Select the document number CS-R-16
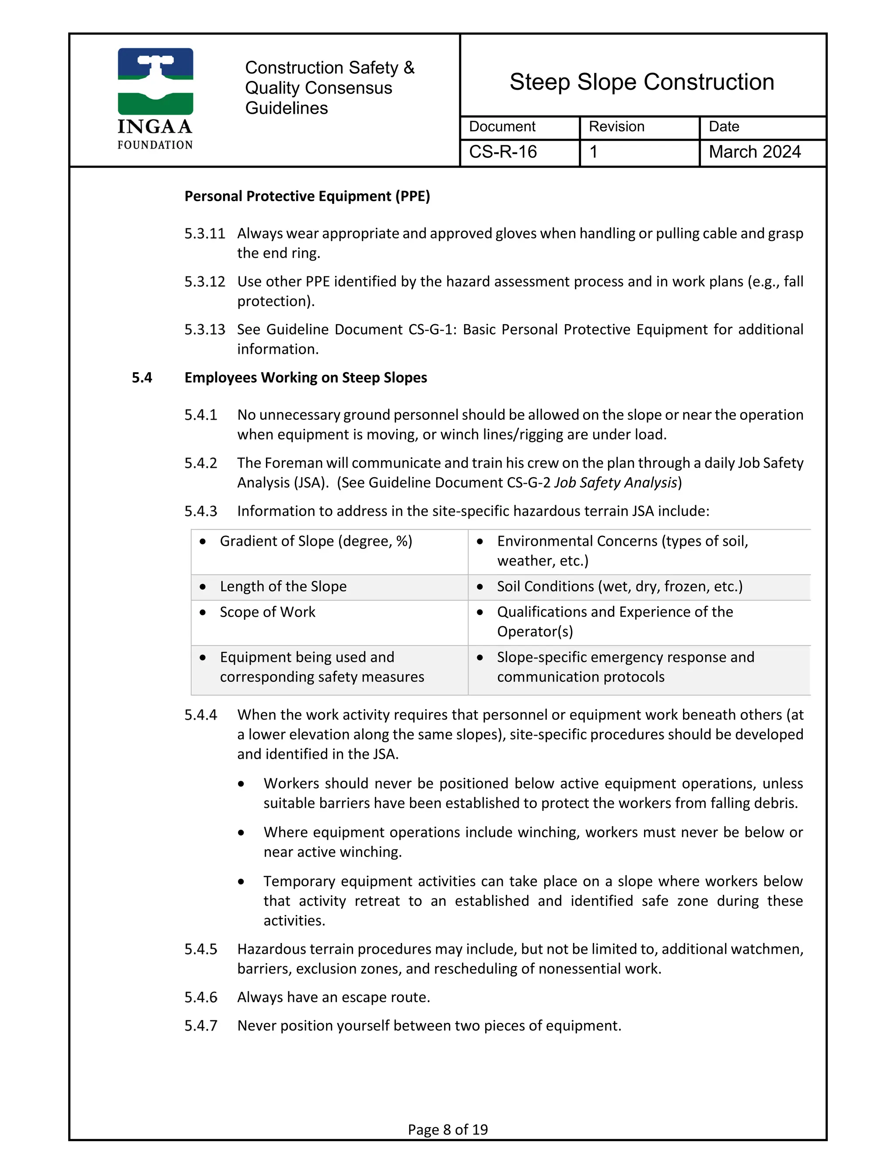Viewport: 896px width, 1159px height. [x=503, y=152]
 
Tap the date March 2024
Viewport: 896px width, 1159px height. [x=754, y=152]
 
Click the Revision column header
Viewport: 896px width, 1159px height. [x=616, y=126]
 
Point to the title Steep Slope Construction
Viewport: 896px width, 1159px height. [x=642, y=82]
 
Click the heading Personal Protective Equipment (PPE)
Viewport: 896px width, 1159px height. [x=307, y=196]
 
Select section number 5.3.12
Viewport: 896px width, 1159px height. [x=204, y=281]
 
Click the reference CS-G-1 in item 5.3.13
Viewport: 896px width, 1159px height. [x=431, y=330]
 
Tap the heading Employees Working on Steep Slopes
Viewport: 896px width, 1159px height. [x=305, y=377]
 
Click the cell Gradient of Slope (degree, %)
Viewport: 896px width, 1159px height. [x=316, y=541]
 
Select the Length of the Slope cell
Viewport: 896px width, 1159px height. [x=283, y=586]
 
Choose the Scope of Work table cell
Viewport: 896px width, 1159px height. [x=267, y=612]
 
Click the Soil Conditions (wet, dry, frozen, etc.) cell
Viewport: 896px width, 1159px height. [x=619, y=586]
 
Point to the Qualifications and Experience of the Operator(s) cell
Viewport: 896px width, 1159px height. [x=615, y=621]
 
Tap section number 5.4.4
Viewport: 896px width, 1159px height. [x=201, y=715]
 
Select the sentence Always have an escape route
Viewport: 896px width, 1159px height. [x=333, y=997]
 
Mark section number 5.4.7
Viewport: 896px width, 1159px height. [x=201, y=1025]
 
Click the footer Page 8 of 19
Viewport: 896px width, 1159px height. [x=448, y=1129]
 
